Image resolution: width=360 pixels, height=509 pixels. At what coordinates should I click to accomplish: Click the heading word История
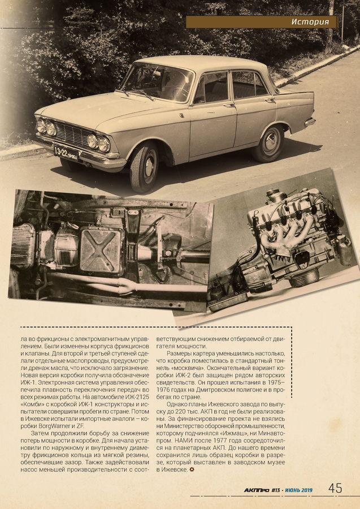[x=311, y=22]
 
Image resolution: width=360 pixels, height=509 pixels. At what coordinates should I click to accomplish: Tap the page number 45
[x=336, y=488]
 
